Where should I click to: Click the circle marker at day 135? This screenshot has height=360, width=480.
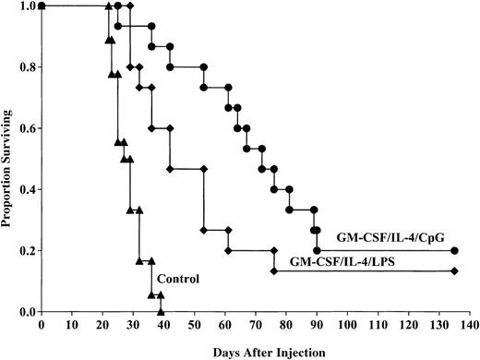(453, 250)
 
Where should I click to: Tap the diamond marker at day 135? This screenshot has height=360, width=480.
(453, 270)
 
